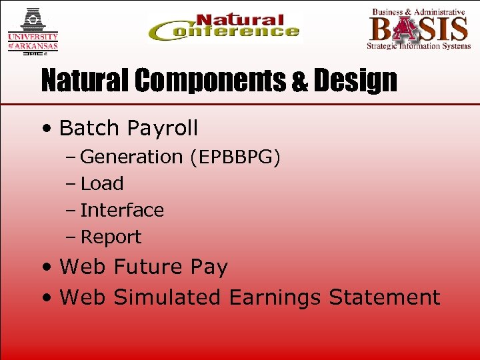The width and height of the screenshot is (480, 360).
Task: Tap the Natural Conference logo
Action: point(224,29)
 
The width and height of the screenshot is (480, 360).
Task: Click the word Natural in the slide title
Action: point(84,81)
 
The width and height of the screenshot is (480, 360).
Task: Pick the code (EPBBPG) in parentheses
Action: point(234,157)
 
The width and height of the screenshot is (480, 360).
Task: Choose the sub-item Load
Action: point(102,183)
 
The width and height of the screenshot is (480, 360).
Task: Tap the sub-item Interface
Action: point(122,210)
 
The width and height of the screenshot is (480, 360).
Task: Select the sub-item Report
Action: point(111,237)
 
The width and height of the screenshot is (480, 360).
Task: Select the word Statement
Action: point(385,297)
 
